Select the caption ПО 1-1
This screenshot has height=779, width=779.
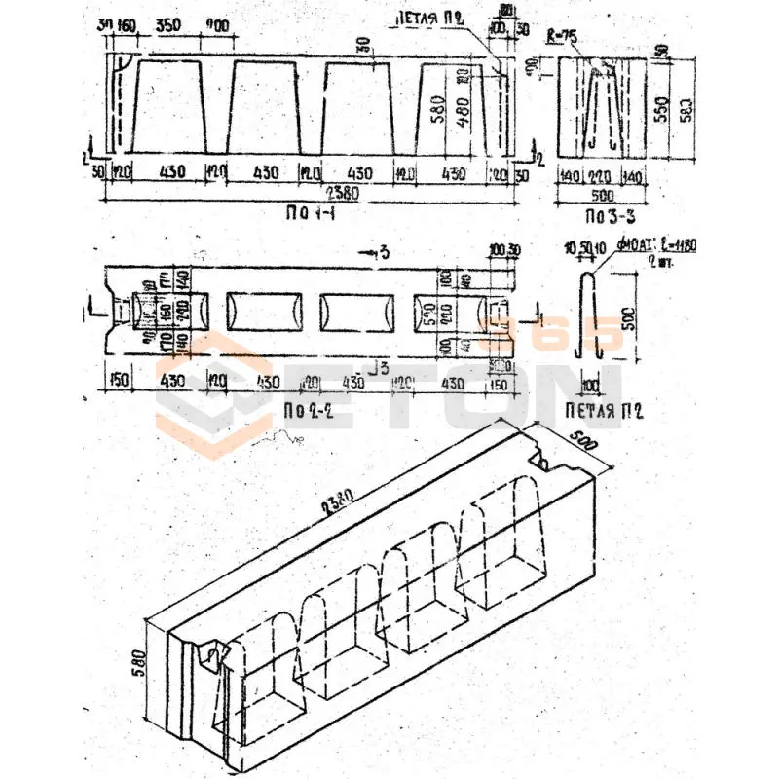(x=318, y=212)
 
